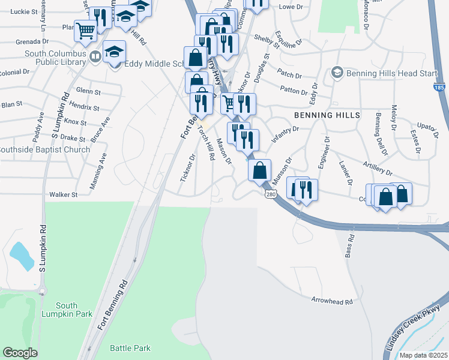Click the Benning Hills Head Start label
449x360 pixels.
point(384,73)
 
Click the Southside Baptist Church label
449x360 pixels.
point(44,149)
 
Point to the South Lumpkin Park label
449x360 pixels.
point(67,310)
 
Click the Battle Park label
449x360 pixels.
point(130,348)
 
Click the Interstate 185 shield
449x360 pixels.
point(439,88)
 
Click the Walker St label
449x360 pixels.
point(64,194)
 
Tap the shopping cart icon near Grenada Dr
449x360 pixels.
point(85,29)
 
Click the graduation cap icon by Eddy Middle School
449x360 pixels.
point(114,52)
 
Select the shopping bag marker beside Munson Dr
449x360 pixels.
point(259,170)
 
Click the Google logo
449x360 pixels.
point(20,353)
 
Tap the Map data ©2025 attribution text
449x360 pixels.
point(423,355)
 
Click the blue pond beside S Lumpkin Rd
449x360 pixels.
point(22,256)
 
